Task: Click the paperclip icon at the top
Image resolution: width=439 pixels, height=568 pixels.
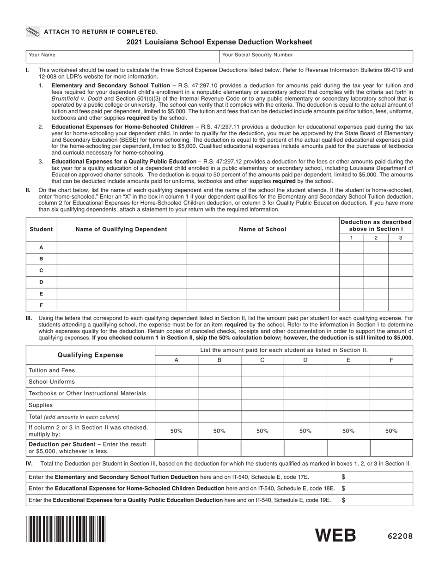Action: tap(34, 32)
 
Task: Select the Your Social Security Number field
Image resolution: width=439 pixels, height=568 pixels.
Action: tap(316, 56)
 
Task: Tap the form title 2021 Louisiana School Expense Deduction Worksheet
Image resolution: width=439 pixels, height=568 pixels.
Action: tap(219, 42)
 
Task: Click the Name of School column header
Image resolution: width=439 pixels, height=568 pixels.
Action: tap(262, 229)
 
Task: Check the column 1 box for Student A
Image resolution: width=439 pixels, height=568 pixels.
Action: tap(351, 248)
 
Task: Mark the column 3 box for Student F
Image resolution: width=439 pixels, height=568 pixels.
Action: tap(400, 305)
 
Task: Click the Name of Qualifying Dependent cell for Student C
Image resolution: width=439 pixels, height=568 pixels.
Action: tap(121, 271)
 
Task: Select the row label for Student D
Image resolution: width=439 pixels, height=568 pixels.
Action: tap(41, 282)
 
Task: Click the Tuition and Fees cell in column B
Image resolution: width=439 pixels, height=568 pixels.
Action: tap(219, 370)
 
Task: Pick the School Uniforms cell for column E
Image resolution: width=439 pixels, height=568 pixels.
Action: tap(348, 382)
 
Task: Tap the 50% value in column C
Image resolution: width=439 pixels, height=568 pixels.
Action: tap(262, 431)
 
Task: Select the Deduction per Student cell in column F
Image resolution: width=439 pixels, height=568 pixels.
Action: tap(391, 448)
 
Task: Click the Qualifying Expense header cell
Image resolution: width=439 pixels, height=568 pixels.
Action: tap(91, 355)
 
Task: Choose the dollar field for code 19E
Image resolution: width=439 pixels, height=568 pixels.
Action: tap(376, 500)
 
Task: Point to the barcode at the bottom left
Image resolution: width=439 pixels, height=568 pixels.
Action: tap(66, 529)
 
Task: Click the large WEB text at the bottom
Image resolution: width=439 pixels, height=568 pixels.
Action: tap(335, 535)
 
